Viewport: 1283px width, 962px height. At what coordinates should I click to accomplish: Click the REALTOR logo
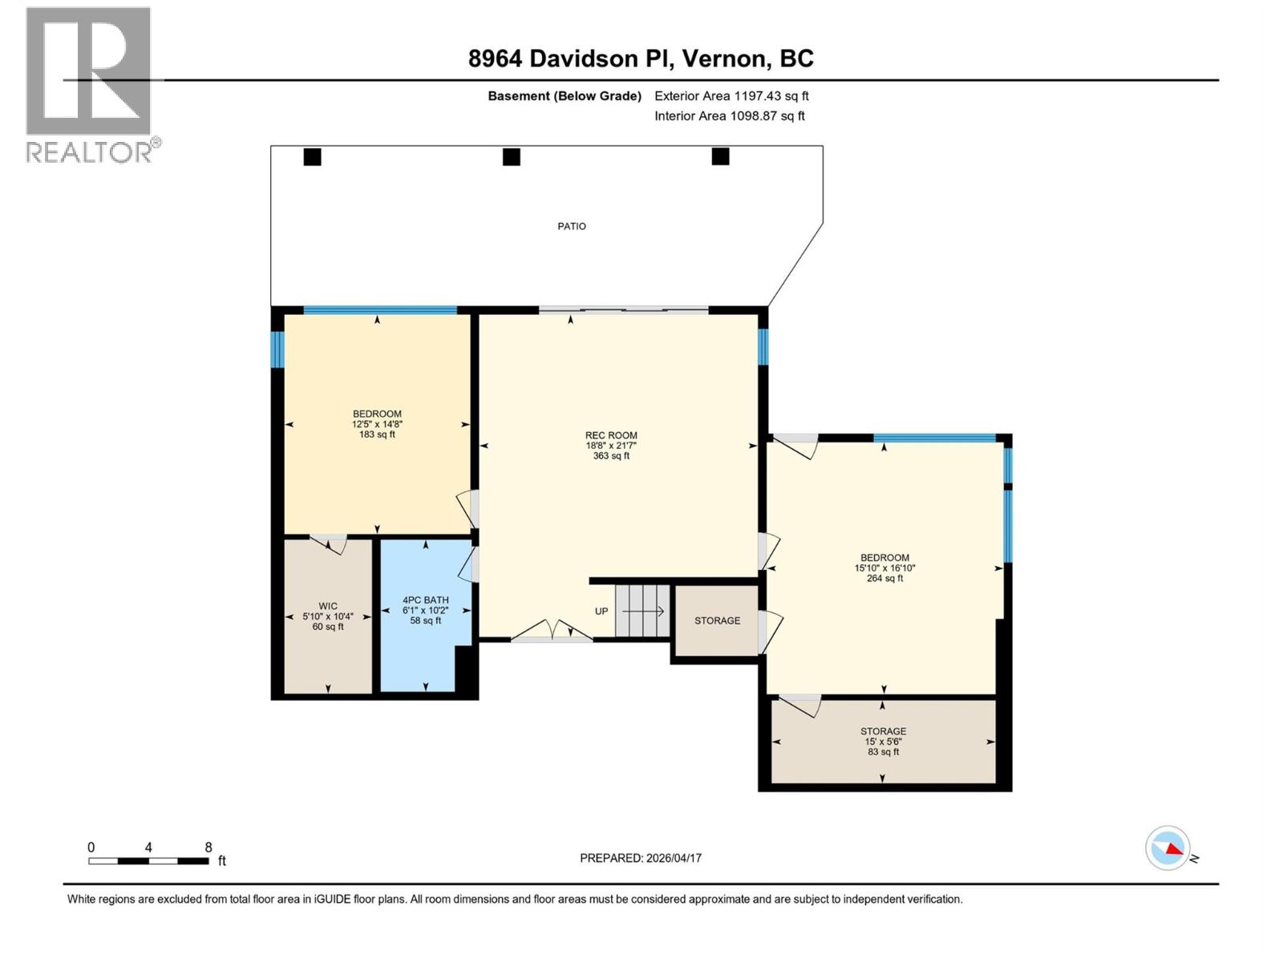coord(89,84)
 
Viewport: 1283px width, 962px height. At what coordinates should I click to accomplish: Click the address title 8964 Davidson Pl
coord(641,59)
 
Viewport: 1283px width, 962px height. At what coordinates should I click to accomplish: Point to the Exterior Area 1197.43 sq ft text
coord(731,96)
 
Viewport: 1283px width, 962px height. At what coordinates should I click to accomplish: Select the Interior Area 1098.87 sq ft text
coord(729,116)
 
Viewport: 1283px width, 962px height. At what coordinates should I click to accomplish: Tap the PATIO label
coord(572,227)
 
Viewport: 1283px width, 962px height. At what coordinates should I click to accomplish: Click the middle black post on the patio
coord(512,157)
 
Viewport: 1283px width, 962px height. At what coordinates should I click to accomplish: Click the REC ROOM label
coord(611,446)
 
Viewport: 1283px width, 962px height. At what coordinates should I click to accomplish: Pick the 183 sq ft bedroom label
coord(377,425)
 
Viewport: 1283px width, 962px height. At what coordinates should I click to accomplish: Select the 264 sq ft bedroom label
coord(884,568)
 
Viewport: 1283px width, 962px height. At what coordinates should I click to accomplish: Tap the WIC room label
coord(328,616)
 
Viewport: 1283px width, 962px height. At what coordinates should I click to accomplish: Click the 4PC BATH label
coord(426,610)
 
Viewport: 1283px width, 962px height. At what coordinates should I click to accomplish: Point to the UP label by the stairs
coord(601,612)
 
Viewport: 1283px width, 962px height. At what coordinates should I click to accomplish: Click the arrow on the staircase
coord(643,612)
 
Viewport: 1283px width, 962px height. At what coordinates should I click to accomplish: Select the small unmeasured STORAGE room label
coord(717,621)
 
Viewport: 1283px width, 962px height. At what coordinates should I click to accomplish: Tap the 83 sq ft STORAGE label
coord(883,742)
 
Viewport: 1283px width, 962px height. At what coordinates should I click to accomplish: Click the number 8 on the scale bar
coord(208,847)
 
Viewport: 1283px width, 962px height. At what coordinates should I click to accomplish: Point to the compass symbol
coord(1168,848)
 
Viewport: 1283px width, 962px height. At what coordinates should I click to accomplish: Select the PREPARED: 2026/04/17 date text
coord(641,859)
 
